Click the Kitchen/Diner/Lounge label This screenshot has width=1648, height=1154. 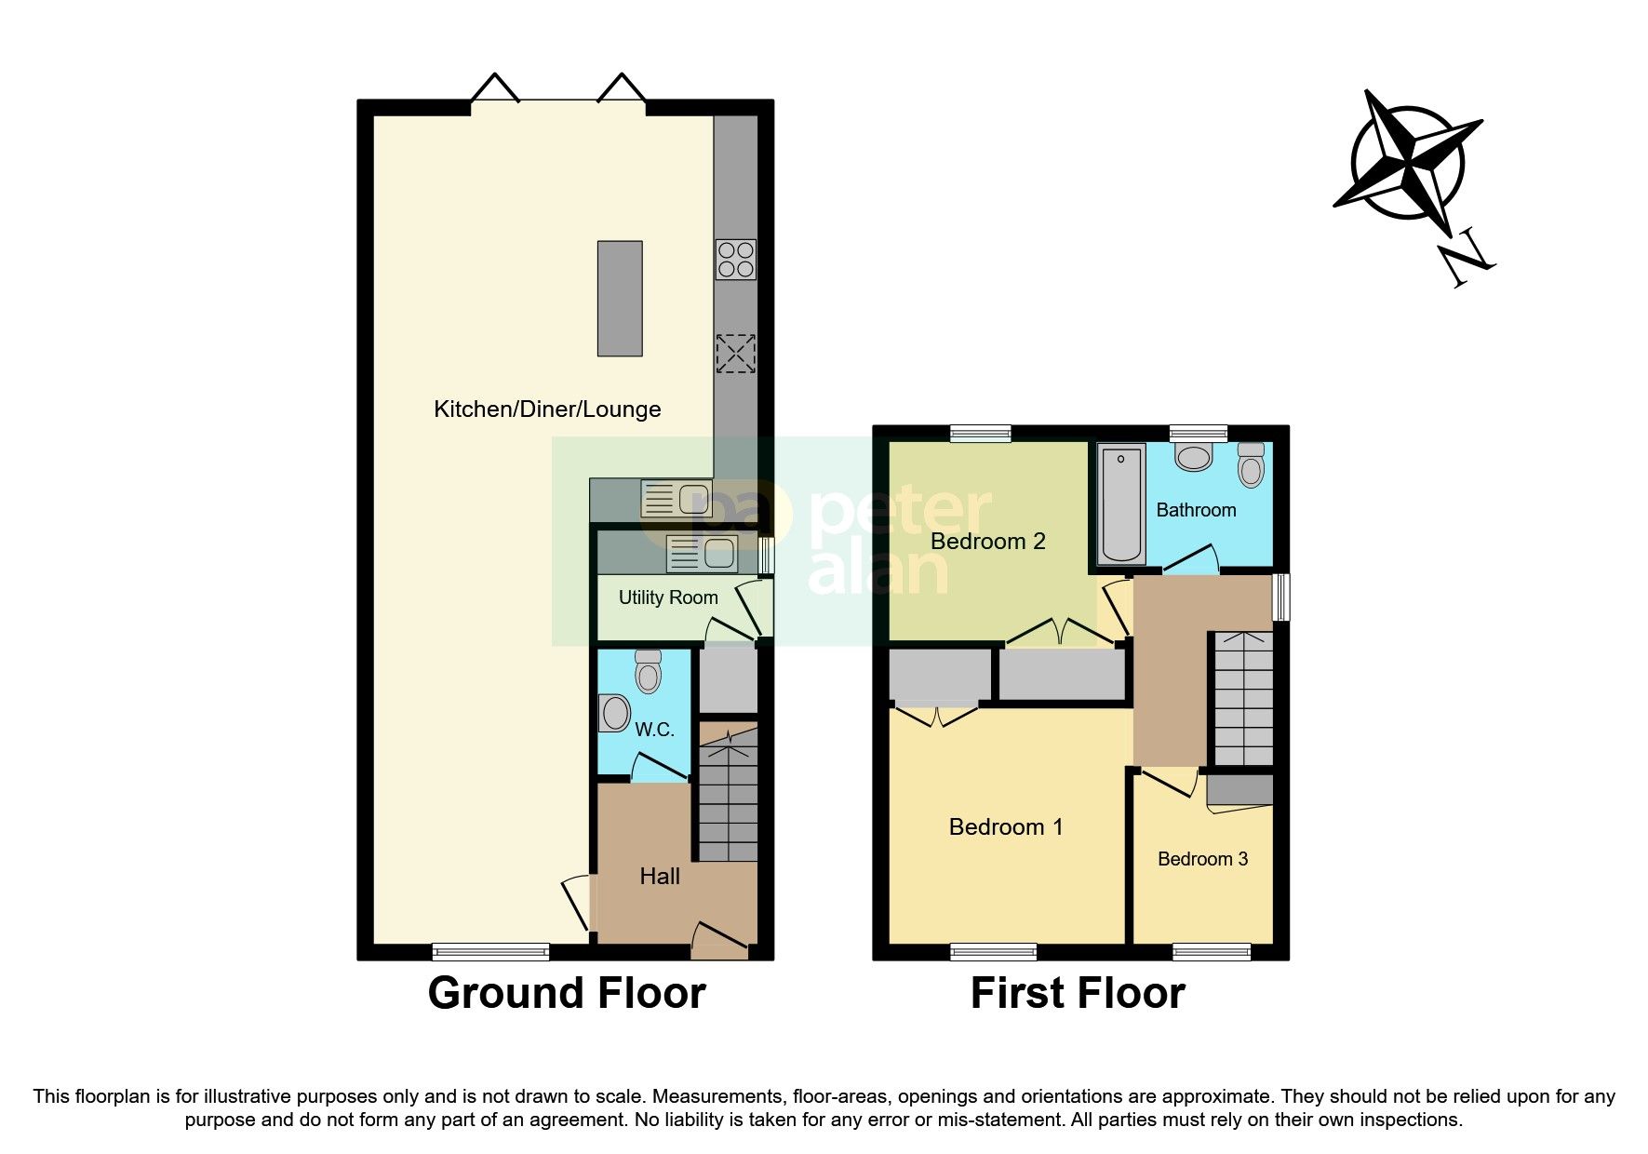(547, 409)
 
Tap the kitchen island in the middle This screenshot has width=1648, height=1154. (620, 298)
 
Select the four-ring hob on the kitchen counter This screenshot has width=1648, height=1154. (736, 260)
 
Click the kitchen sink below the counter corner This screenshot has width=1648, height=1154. (677, 500)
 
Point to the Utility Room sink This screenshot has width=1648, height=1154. (703, 555)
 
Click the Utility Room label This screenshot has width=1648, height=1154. (668, 597)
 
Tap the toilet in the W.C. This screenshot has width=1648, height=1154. (649, 672)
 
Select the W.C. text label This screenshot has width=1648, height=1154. (654, 730)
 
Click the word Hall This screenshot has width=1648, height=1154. (660, 876)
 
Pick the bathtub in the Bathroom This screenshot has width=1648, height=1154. (1121, 503)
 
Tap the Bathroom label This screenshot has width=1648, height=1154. (1196, 510)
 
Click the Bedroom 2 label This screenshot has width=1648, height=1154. (987, 542)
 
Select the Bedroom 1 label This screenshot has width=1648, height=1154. (1005, 827)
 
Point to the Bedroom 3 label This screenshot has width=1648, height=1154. (1202, 859)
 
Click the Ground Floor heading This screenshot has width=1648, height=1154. (566, 993)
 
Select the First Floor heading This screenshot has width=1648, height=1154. (1077, 993)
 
